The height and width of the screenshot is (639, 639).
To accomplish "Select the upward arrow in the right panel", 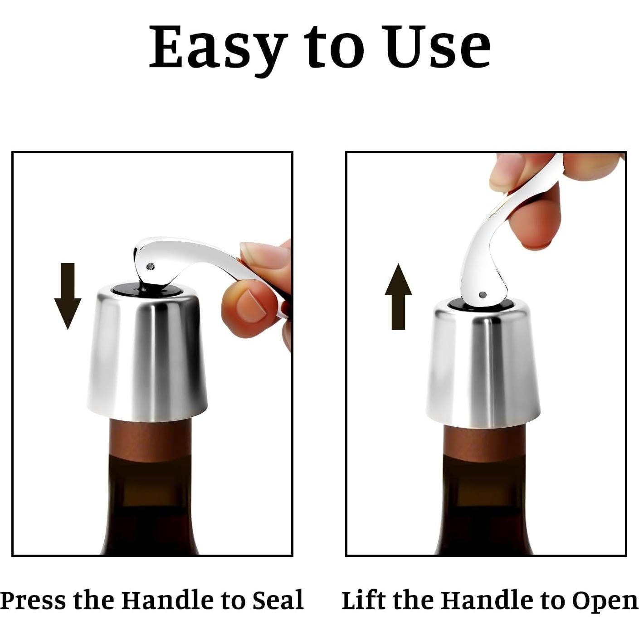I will coord(398,297).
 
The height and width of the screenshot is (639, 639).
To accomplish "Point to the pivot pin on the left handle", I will coord(151,266).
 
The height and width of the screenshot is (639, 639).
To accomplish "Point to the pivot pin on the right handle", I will coord(483,295).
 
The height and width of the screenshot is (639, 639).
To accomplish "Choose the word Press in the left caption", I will coord(34,600).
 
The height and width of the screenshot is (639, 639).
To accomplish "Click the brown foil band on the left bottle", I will coord(150,440).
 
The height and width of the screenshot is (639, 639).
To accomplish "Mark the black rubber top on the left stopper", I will coord(122,288).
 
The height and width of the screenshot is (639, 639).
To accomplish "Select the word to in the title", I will coord(334,48).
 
